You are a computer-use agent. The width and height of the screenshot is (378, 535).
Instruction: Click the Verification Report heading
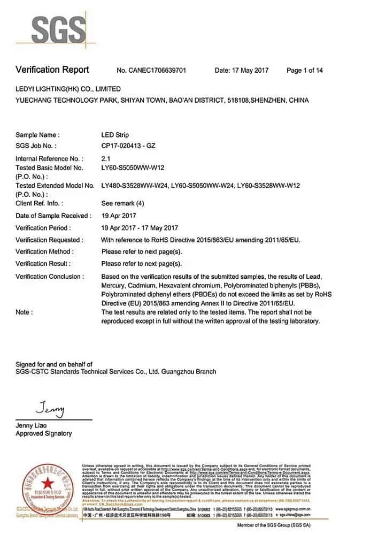[x=52, y=70]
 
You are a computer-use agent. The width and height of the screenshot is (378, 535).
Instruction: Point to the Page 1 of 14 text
[x=305, y=70]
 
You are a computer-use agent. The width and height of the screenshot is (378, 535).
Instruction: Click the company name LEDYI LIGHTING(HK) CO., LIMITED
[x=68, y=89]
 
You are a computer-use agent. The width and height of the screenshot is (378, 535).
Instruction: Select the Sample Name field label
[x=37, y=135]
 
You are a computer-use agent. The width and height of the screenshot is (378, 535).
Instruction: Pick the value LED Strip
[x=115, y=135]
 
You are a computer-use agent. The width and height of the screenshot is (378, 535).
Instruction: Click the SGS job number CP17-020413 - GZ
[x=128, y=146]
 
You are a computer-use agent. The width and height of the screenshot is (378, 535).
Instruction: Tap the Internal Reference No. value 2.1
[x=106, y=159]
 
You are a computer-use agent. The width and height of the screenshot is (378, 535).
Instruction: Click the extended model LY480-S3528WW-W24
[x=134, y=186]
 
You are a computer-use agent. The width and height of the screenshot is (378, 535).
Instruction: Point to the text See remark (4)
[x=122, y=203]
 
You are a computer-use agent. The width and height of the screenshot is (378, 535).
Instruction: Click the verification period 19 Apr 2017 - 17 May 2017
[x=140, y=228]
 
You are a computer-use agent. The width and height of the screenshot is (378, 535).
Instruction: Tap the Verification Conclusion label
[x=50, y=277]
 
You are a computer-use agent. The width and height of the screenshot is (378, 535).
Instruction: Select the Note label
[x=24, y=312]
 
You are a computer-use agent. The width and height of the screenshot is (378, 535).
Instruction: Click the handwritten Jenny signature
[x=51, y=410]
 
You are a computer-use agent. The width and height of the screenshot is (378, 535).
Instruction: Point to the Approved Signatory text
[x=44, y=433]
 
